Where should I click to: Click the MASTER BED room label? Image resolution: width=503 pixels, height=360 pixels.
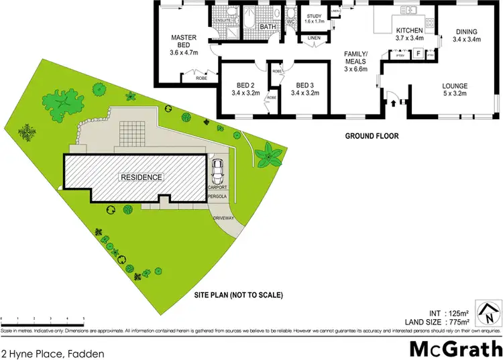pyautogui.click(x=182, y=38)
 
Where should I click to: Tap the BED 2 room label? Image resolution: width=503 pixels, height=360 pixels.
pyautogui.click(x=243, y=85)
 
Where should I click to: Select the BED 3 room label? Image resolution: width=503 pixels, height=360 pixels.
pyautogui.click(x=304, y=85)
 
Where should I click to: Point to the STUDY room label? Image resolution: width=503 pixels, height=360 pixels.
pyautogui.click(x=315, y=16)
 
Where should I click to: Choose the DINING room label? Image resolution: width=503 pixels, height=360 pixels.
pyautogui.click(x=466, y=32)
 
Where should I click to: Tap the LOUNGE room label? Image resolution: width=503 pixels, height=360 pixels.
pyautogui.click(x=454, y=85)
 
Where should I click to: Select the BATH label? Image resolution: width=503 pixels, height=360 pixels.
pyautogui.click(x=268, y=27)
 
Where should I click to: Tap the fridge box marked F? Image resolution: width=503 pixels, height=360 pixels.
pyautogui.click(x=418, y=53)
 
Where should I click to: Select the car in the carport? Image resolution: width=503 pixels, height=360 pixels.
pyautogui.click(x=217, y=172)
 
